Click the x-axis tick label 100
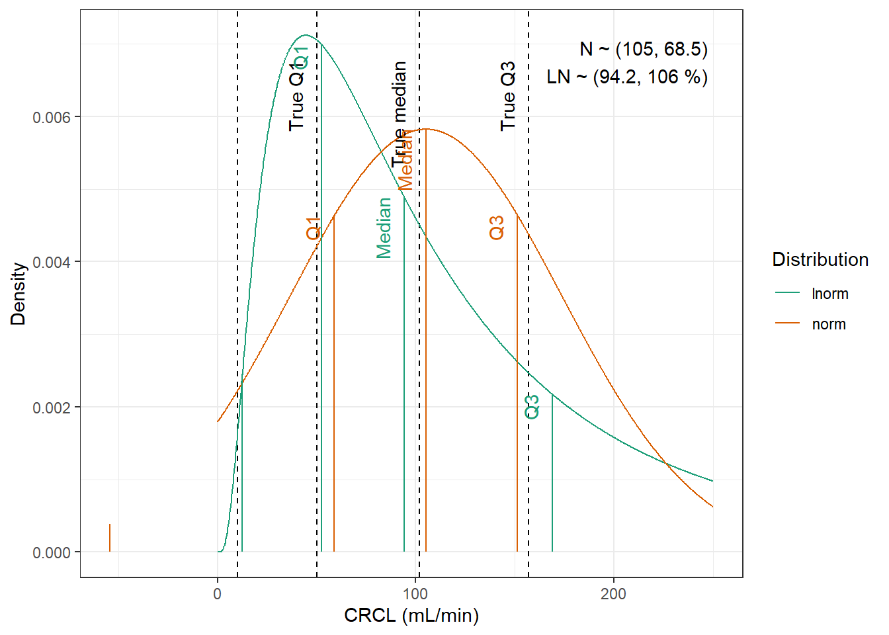[x=415, y=593]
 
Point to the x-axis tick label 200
[x=613, y=593]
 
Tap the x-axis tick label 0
[x=218, y=593]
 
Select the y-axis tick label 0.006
[x=52, y=117]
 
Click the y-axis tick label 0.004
[x=52, y=263]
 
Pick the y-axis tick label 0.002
[x=52, y=407]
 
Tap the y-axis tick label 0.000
[x=52, y=552]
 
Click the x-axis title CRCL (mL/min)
[x=411, y=615]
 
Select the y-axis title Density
[x=19, y=294]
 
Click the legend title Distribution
[x=820, y=259]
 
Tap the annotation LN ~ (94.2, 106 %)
[x=627, y=77]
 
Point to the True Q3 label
[x=508, y=96]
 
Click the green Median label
[x=384, y=228]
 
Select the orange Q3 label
[x=497, y=228]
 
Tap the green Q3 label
[x=532, y=406]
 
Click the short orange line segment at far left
[x=110, y=538]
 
